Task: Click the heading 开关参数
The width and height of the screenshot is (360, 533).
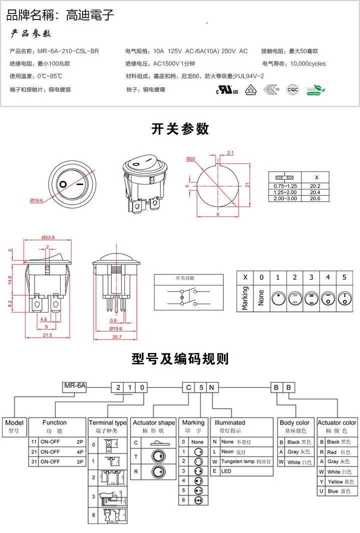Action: point(180,129)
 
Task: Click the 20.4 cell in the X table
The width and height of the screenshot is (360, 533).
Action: point(315,192)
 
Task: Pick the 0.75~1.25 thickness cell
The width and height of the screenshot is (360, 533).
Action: point(285,186)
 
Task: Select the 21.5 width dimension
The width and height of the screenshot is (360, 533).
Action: point(46,335)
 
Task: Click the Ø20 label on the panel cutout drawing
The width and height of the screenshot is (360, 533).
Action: point(190,158)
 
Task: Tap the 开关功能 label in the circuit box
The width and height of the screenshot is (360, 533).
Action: point(184,278)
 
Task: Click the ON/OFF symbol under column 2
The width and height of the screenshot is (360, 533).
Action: point(294,298)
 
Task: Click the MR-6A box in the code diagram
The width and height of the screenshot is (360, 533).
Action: point(75,385)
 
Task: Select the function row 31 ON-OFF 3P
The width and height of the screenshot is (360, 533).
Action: point(57,461)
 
